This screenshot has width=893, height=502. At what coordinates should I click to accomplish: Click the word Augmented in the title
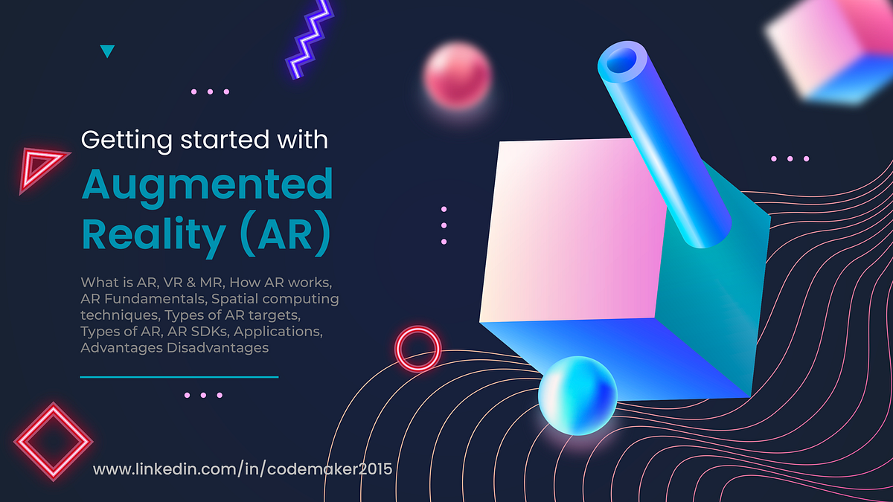(206, 185)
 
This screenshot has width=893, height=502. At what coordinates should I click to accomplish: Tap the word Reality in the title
(153, 234)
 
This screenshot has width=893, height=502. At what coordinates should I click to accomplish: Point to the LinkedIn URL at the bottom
(242, 469)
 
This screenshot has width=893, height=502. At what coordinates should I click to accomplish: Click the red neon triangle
(41, 167)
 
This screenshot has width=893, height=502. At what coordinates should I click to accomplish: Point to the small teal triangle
(107, 51)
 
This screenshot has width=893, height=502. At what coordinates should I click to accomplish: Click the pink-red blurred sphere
(458, 76)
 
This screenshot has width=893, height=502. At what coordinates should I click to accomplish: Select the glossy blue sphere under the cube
(577, 394)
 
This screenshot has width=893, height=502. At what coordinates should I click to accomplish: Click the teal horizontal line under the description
(179, 377)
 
